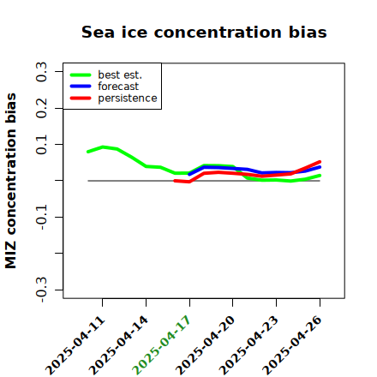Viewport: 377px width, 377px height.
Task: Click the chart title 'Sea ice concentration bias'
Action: click(x=204, y=33)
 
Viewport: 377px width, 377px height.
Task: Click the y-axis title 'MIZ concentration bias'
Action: click(x=11, y=181)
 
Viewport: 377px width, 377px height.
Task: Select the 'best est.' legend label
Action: click(x=120, y=75)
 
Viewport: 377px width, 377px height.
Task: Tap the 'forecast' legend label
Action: click(x=118, y=87)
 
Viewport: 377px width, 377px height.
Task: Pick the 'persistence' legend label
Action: click(x=128, y=99)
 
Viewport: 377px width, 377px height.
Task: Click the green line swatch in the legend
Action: click(x=81, y=75)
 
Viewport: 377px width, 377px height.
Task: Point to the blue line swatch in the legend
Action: click(x=81, y=87)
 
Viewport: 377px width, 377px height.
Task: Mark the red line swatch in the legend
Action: click(x=81, y=99)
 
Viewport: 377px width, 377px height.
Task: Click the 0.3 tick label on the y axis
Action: click(x=41, y=72)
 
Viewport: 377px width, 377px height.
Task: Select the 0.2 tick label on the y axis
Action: click(x=41, y=108)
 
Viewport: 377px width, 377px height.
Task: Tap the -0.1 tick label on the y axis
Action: click(x=41, y=217)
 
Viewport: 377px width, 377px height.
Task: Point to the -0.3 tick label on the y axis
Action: click(x=41, y=290)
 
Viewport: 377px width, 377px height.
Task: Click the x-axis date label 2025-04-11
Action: click(x=75, y=345)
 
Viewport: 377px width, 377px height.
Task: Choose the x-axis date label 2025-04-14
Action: click(x=119, y=345)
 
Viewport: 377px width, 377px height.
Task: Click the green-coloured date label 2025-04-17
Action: click(x=162, y=345)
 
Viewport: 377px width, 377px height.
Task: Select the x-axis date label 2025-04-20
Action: click(x=205, y=345)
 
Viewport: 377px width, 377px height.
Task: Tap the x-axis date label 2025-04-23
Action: click(x=248, y=345)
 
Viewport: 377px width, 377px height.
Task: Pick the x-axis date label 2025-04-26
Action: click(x=292, y=345)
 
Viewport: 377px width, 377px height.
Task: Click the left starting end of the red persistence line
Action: click(x=175, y=181)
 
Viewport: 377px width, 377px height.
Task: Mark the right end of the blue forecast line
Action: click(x=320, y=167)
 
